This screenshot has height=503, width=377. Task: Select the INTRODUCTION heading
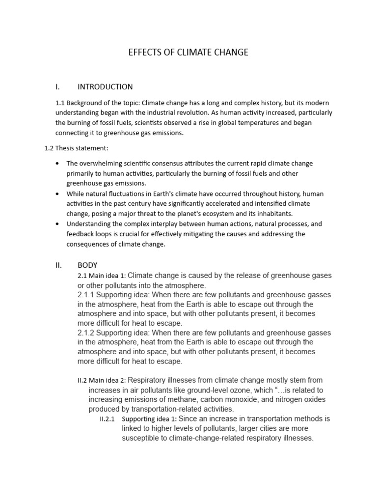coord(105,87)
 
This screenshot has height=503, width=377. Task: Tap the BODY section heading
coord(87,265)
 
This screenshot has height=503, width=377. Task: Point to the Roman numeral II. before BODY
coord(59,265)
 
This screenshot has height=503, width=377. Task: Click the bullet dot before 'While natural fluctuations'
coord(58,194)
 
